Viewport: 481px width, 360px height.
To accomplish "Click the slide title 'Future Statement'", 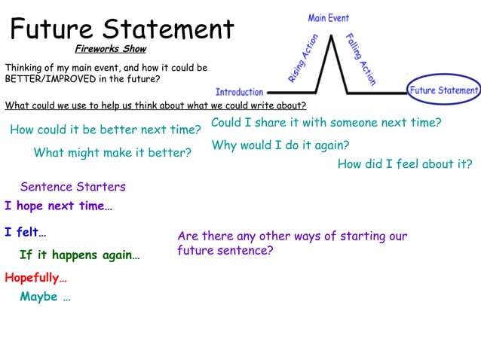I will tap(122, 29).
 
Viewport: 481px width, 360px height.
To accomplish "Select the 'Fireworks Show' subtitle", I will tap(110, 50).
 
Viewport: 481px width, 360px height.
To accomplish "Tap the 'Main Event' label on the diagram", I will tap(329, 17).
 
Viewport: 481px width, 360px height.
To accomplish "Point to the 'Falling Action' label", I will tap(360, 59).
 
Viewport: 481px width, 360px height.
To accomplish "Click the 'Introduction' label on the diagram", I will tap(240, 92).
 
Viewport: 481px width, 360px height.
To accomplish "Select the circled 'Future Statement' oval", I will tap(443, 90).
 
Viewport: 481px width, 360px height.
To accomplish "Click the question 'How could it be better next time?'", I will tap(105, 130).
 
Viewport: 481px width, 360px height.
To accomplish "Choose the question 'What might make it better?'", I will tap(112, 153).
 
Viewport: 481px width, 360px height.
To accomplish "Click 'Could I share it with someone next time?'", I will tap(326, 123).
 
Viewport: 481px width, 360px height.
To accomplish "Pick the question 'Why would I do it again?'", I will tap(280, 145).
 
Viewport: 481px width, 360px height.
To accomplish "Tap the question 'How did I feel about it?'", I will tap(405, 164).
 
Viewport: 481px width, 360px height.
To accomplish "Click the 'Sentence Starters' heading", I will tap(73, 187).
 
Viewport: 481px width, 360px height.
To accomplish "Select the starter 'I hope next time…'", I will tap(58, 206).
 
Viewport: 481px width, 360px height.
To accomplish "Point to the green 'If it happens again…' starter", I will tap(79, 255).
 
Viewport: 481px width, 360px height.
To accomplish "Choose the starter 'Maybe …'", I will tap(45, 297).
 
